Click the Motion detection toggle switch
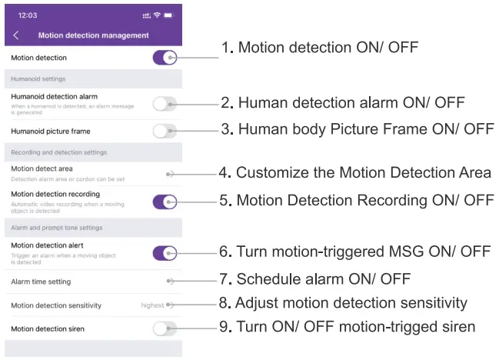coord(165,58)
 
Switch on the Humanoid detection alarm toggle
coord(165,104)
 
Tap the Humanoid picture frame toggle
coord(165,131)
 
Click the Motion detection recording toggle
coord(165,202)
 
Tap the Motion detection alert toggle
coord(165,252)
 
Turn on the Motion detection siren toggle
coord(165,328)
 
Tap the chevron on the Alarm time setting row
coord(171,282)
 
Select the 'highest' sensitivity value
coord(152,305)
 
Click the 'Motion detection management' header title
coord(93,35)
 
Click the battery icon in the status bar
coord(168,15)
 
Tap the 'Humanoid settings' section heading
coord(38,78)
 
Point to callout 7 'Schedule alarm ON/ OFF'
coord(323,278)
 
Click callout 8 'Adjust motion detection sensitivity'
coord(351,302)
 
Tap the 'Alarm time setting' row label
coord(41,282)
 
